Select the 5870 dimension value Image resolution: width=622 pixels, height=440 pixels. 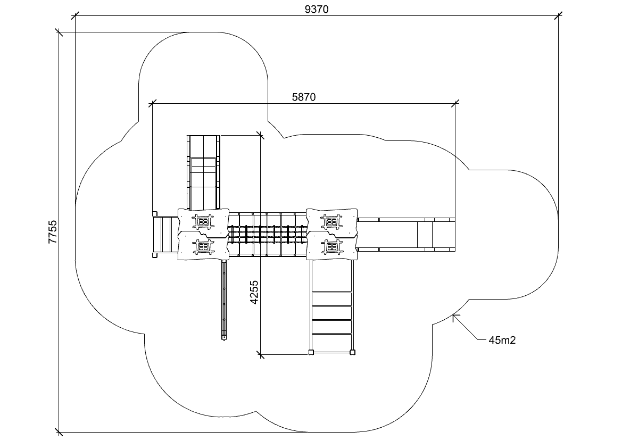click(304, 97)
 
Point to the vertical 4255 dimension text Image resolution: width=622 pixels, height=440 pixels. click(254, 292)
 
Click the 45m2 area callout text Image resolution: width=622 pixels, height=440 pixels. click(502, 341)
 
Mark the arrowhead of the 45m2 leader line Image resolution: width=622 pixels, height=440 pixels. click(453, 316)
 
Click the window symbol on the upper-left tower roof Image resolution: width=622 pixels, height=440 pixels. click(203, 221)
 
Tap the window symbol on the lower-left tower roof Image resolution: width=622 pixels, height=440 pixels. click(203, 246)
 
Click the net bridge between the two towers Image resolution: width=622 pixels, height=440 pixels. click(268, 234)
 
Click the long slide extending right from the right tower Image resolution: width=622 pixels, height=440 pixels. click(407, 234)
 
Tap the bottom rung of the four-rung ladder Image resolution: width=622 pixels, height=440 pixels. click(331, 341)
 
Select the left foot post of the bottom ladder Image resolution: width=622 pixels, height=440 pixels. click(311, 352)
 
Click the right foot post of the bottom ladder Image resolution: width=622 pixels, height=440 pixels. click(352, 352)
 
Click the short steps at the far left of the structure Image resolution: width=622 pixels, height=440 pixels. click(164, 235)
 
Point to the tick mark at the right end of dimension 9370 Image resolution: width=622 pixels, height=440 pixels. click(558, 16)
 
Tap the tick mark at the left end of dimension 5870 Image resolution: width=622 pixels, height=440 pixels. click(153, 102)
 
